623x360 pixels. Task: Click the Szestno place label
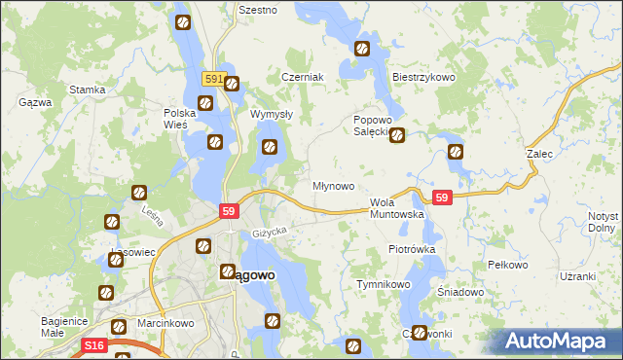pos(258,10)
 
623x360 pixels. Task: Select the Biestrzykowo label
pos(423,77)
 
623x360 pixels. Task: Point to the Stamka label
pos(87,90)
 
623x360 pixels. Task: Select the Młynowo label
pos(332,185)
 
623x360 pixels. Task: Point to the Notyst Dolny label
pos(604,222)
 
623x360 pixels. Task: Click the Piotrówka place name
pos(411,249)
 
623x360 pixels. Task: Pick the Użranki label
pos(577,276)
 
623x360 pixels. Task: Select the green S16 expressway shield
pos(93,345)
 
